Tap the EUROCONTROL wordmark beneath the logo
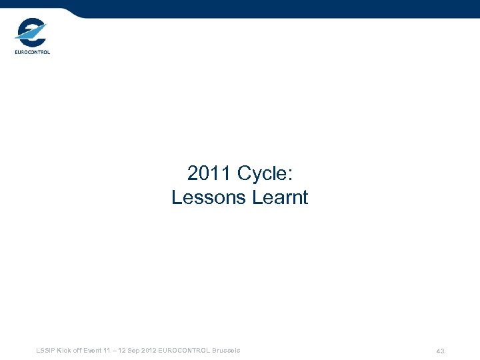(x=32, y=52)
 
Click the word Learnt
(x=281, y=198)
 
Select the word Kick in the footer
(x=64, y=351)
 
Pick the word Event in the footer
(x=93, y=351)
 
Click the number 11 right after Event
(x=108, y=351)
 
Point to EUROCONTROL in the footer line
(x=183, y=351)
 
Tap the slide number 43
(x=440, y=351)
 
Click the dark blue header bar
(x=280, y=8)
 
